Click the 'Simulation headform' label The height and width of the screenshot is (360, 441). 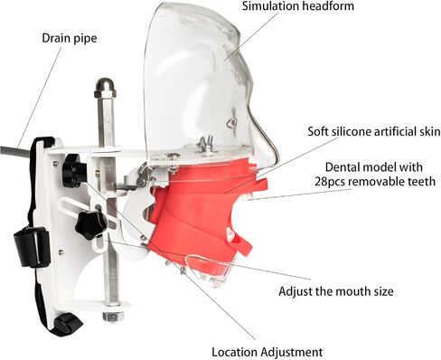click(x=298, y=6)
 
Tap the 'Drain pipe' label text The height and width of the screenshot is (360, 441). click(x=70, y=38)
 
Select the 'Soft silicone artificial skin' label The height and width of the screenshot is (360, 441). click(x=374, y=132)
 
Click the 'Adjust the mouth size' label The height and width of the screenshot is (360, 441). click(x=336, y=291)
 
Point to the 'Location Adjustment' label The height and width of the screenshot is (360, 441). click(x=267, y=352)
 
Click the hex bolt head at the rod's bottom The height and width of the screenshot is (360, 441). click(x=113, y=316)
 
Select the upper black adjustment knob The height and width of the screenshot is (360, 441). click(x=73, y=170)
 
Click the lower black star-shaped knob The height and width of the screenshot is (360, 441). click(x=90, y=225)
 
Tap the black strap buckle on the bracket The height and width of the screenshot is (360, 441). click(x=32, y=247)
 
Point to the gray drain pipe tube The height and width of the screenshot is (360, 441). click(x=15, y=151)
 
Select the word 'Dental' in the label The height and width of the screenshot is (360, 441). click(x=343, y=167)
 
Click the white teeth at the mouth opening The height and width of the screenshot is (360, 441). click(x=249, y=197)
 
